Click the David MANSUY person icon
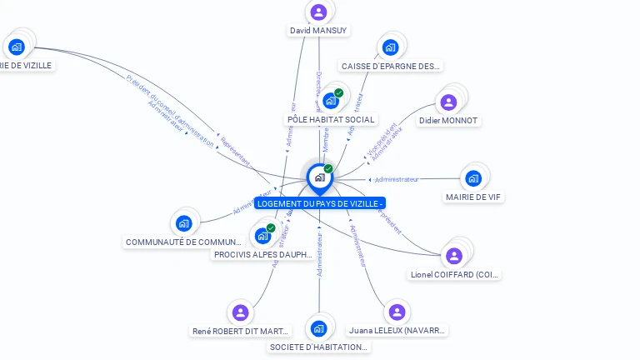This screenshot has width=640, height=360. [x=318, y=12]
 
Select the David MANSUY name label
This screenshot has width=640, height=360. [x=318, y=31]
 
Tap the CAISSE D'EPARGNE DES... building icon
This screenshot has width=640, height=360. [x=389, y=47]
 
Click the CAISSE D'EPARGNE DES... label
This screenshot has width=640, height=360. [x=392, y=66]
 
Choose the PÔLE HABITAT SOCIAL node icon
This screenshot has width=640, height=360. [x=331, y=101]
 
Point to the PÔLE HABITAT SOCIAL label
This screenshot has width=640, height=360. [x=331, y=120]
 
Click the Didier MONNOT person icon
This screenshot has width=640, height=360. [x=448, y=102]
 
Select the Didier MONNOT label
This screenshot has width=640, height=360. [x=449, y=121]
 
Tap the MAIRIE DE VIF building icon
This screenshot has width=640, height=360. [x=473, y=178]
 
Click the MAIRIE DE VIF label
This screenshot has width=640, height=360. [x=473, y=197]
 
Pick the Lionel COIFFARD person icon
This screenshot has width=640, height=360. [x=454, y=256]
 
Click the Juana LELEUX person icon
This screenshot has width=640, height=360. [x=397, y=312]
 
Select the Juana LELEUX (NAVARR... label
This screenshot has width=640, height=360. [x=397, y=331]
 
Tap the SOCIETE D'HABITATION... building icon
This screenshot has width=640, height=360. [x=318, y=328]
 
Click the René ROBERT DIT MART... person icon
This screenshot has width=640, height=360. [x=241, y=312]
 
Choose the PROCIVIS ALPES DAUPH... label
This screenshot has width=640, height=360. [x=263, y=255]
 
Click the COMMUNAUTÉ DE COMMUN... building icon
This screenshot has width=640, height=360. [x=183, y=223]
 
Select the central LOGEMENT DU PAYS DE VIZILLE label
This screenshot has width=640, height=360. [x=320, y=203]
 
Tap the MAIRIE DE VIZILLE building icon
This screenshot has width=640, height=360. [x=17, y=47]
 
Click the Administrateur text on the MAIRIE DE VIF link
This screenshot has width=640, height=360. [x=397, y=179]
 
